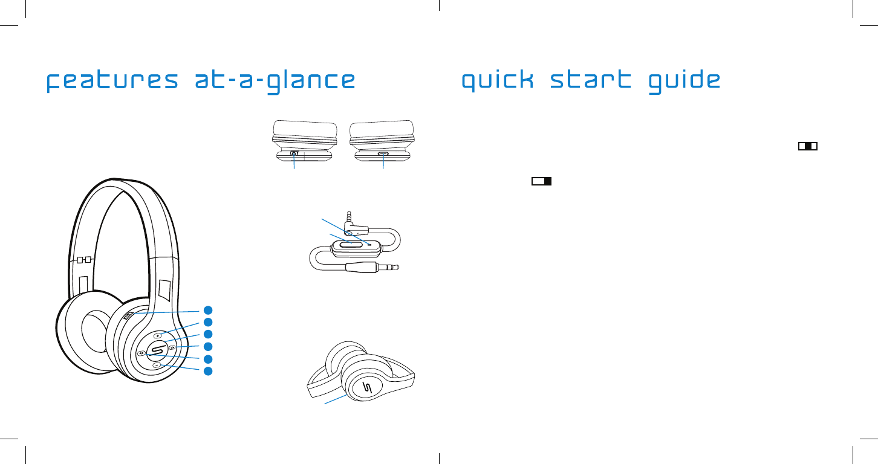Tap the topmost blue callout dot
pyautogui.click(x=207, y=311)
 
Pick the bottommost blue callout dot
pyautogui.click(x=207, y=370)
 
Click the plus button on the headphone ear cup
pyautogui.click(x=158, y=335)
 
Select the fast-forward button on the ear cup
pyautogui.click(x=172, y=347)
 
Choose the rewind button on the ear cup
pyautogui.click(x=140, y=353)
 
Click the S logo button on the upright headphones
pyautogui.click(x=157, y=350)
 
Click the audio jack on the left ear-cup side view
pyautogui.click(x=294, y=154)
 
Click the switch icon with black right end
pyautogui.click(x=542, y=181)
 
